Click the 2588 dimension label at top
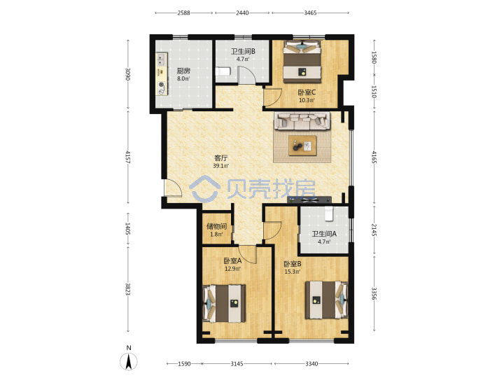pos(183,13)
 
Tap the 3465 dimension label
pos(310,13)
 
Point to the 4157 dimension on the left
pos(128,157)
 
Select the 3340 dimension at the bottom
pos(311,363)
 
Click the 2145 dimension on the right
pos(374,230)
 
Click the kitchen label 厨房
pos(183,71)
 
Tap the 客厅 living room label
pos(220,158)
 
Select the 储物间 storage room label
pos(216,227)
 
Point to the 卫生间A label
pos(324,234)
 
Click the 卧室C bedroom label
pos(307,92)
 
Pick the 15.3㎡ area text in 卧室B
pos(292,272)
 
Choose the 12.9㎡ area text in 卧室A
pos(232,269)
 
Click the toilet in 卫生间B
pos(223,71)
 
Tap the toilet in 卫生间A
pos(328,213)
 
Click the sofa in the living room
pos(302,120)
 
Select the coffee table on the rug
pos(302,146)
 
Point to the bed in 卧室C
pos(302,62)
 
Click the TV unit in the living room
pos(309,199)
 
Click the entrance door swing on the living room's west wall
pos(174,188)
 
